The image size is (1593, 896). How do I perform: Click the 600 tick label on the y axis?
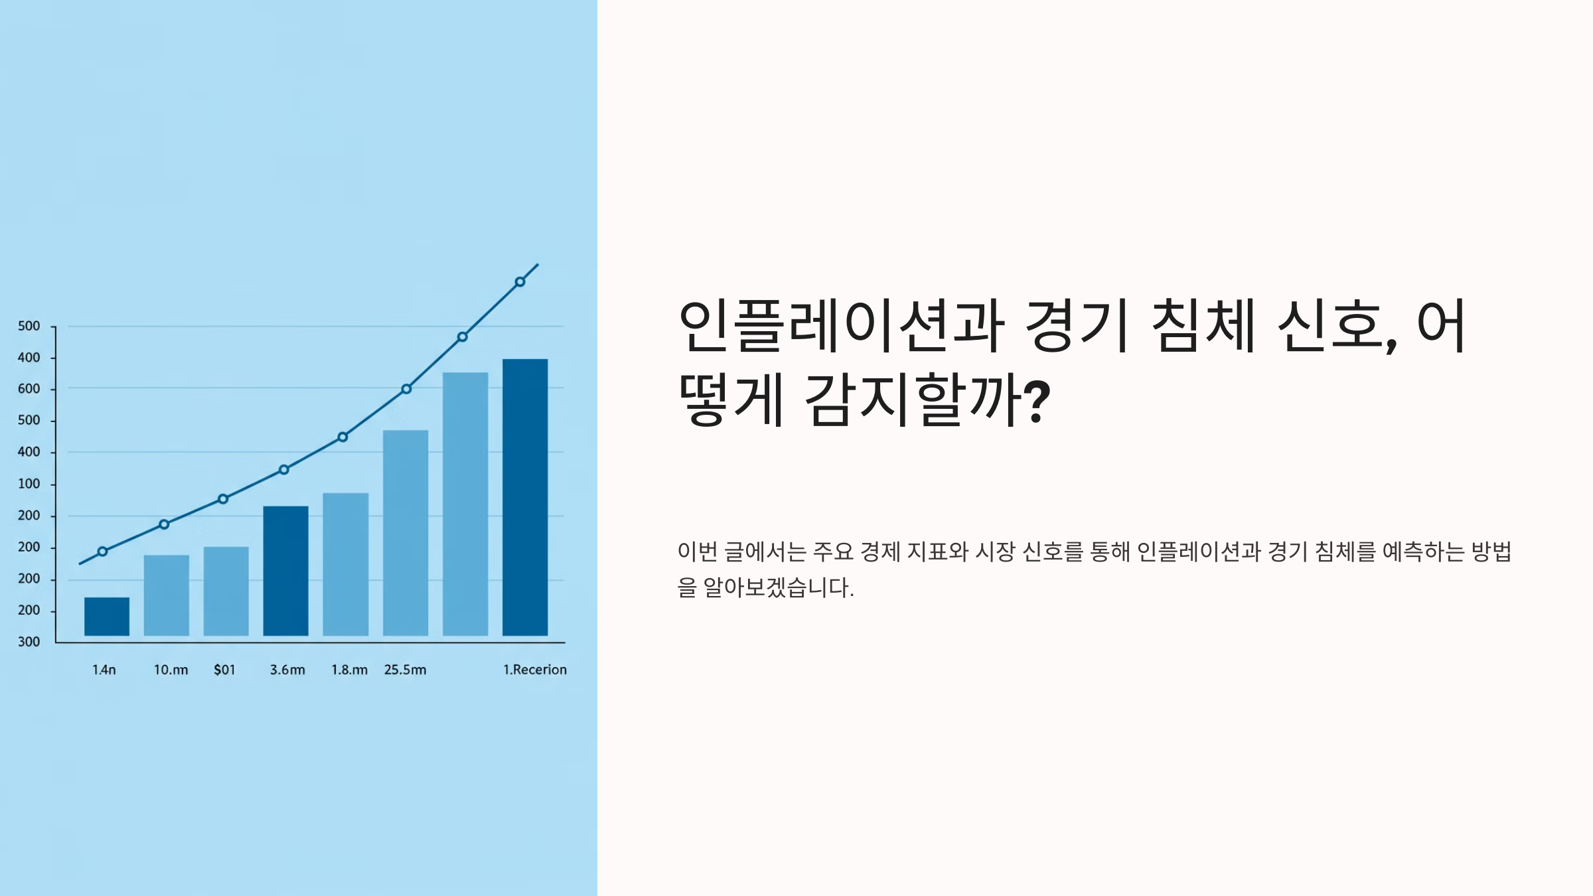click(x=29, y=389)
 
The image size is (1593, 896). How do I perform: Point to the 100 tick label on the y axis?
click(x=29, y=484)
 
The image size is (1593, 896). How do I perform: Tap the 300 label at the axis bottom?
click(x=29, y=642)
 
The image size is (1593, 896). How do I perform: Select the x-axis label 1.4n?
click(x=104, y=670)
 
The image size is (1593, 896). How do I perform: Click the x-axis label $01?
click(x=224, y=670)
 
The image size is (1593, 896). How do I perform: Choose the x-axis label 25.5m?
click(x=405, y=670)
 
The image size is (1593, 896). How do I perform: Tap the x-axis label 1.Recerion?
click(x=535, y=670)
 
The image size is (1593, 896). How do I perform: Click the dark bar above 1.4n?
click(x=107, y=617)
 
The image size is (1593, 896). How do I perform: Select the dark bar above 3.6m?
click(x=285, y=571)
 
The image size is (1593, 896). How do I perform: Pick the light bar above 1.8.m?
click(x=346, y=564)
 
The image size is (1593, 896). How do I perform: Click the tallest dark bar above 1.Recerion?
click(x=525, y=497)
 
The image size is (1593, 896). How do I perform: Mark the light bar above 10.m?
click(x=167, y=595)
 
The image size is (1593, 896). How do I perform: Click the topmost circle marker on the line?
click(x=520, y=282)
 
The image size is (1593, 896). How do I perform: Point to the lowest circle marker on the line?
click(x=102, y=552)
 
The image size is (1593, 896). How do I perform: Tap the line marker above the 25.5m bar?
click(x=406, y=389)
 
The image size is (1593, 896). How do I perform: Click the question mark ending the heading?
click(x=1037, y=400)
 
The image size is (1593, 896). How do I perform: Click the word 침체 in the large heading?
click(x=1202, y=326)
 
